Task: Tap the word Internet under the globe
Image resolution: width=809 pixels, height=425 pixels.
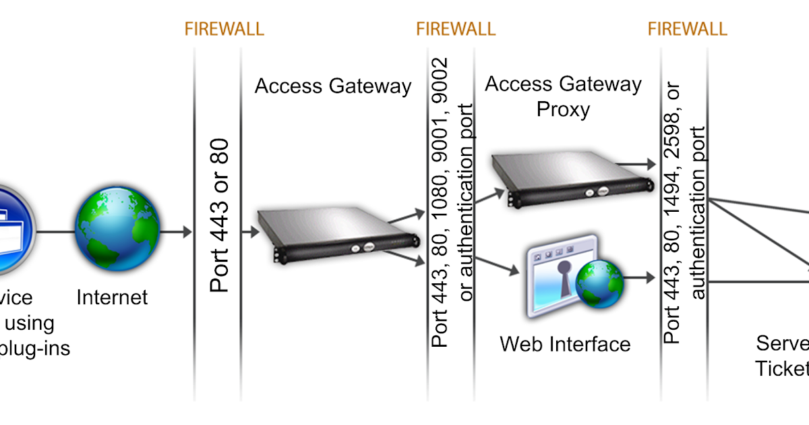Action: tap(112, 297)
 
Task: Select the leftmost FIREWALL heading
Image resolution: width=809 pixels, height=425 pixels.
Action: tap(224, 29)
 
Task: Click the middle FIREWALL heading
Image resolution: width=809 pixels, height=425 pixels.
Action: tap(456, 29)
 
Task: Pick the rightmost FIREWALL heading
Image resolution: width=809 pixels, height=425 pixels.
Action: tap(687, 29)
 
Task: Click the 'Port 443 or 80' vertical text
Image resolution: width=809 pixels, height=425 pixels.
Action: tap(220, 215)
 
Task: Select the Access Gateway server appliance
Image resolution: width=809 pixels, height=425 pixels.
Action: tap(336, 233)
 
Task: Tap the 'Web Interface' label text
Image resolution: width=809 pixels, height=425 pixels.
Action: tap(565, 344)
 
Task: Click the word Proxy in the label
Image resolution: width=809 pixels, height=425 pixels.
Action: tap(563, 109)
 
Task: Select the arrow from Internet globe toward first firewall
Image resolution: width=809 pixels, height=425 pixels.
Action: tap(177, 232)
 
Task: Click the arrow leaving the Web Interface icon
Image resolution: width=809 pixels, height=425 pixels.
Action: tap(644, 277)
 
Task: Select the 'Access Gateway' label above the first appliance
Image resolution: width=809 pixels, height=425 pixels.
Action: tap(333, 86)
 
